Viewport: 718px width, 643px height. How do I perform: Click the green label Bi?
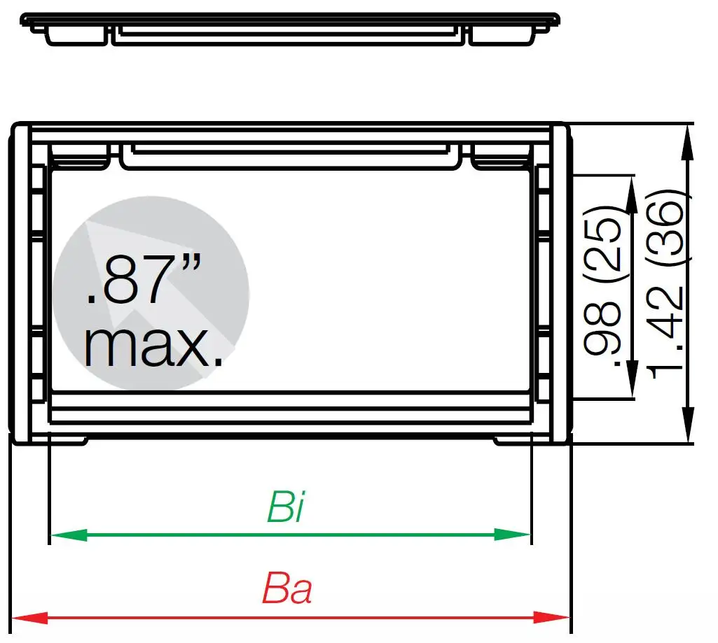point(286,509)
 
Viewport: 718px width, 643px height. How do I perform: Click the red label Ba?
point(287,590)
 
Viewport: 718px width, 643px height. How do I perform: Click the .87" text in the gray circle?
point(144,280)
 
